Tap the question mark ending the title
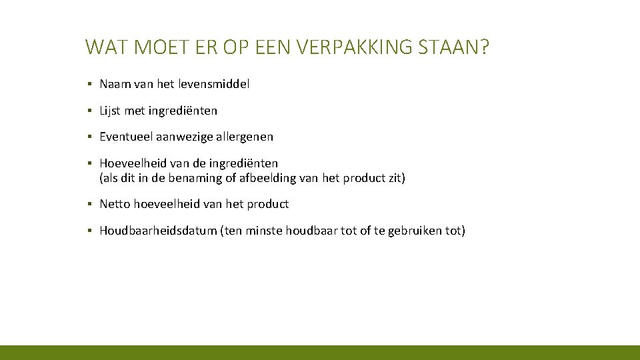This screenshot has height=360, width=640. (x=485, y=47)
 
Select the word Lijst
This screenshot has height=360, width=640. (x=110, y=111)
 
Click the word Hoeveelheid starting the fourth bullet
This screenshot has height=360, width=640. (x=131, y=163)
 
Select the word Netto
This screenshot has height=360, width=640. (x=115, y=204)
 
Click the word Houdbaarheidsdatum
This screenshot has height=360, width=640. (x=158, y=231)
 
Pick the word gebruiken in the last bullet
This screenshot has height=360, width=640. (x=414, y=231)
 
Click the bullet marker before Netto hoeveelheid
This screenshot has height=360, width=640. (x=89, y=204)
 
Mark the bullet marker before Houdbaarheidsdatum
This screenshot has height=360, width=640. (x=89, y=231)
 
